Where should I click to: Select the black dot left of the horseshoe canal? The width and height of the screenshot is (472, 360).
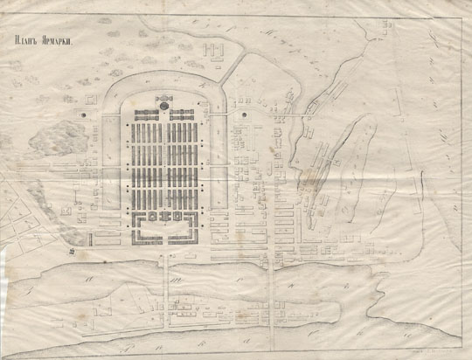[x=84, y=115]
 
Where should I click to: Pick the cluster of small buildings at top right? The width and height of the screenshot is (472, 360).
[x=337, y=88]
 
